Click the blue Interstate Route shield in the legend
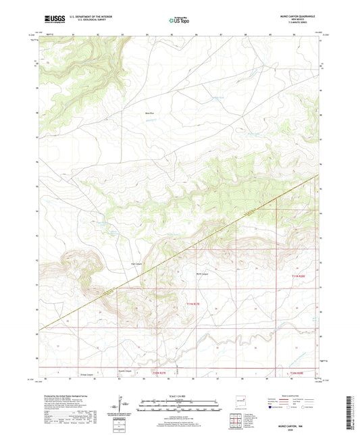(x=271, y=407)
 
